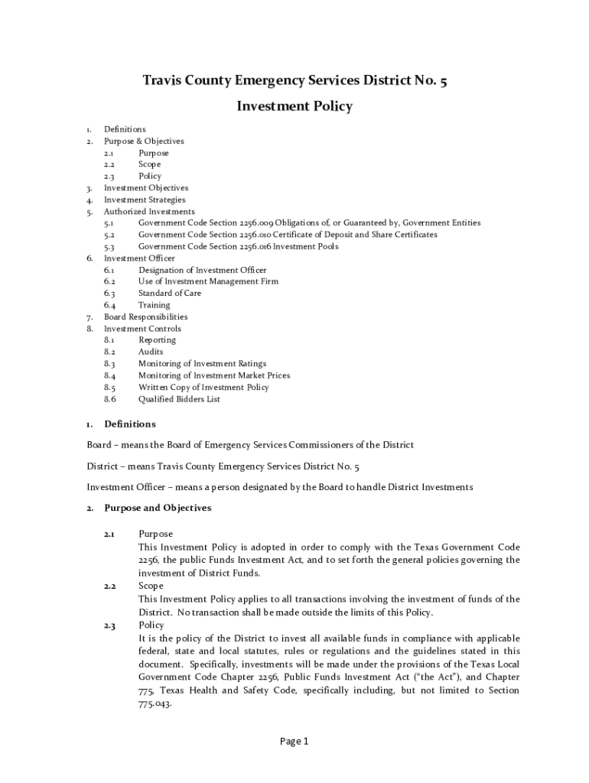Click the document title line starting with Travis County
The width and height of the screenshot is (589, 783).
click(x=294, y=80)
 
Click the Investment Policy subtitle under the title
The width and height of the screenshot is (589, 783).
click(x=294, y=106)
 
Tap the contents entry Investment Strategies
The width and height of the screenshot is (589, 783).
click(x=145, y=200)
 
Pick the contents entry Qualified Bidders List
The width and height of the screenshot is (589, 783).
click(x=179, y=399)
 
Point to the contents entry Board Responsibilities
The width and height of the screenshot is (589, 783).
click(x=145, y=317)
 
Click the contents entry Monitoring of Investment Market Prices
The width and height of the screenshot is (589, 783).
click(x=214, y=375)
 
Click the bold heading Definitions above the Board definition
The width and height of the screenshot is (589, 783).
click(x=129, y=424)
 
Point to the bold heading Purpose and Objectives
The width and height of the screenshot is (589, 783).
click(x=158, y=508)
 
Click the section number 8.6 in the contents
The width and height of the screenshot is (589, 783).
click(x=109, y=399)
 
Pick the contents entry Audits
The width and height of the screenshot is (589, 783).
click(x=151, y=352)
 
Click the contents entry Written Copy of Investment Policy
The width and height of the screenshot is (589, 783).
click(x=203, y=387)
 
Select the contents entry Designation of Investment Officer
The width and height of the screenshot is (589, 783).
click(x=203, y=270)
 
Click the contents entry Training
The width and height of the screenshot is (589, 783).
click(x=154, y=305)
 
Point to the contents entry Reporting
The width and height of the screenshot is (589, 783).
click(x=157, y=340)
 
